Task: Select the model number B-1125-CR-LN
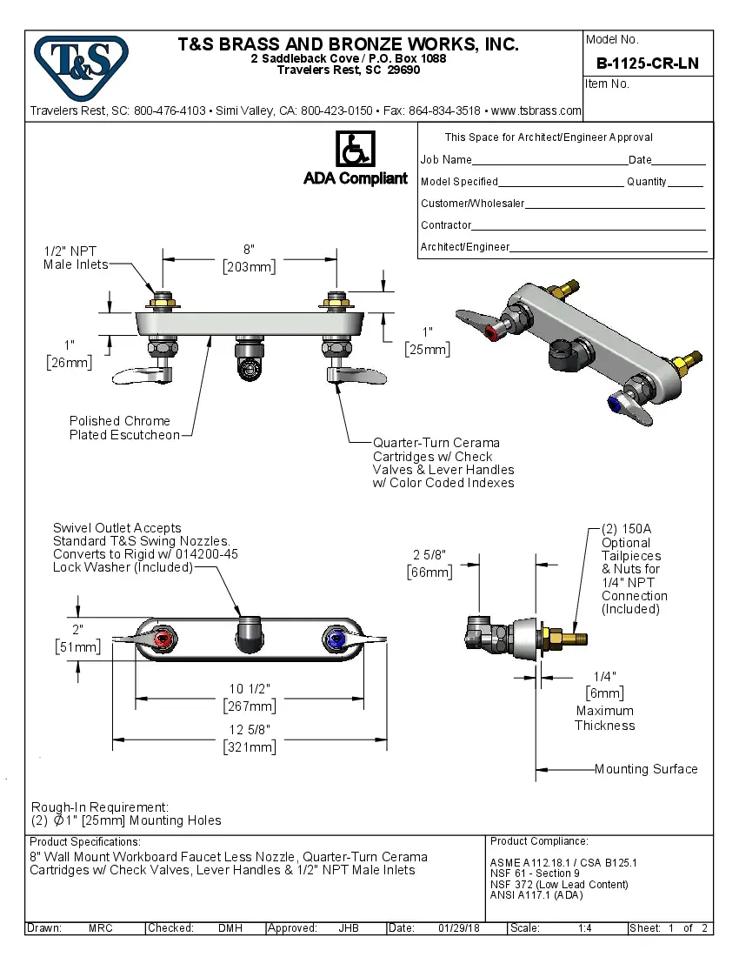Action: coord(648,64)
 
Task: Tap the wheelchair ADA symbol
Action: coord(355,150)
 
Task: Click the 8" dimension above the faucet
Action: coord(249,250)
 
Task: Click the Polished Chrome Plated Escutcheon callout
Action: coord(124,428)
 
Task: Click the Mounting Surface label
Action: coord(646,769)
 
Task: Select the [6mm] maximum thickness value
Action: coord(604,693)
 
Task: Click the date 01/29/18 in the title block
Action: coord(457,928)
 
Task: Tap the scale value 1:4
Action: coord(585,928)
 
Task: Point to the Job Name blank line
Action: coord(549,162)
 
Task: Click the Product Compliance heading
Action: coord(539,841)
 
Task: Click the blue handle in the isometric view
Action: coord(618,404)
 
